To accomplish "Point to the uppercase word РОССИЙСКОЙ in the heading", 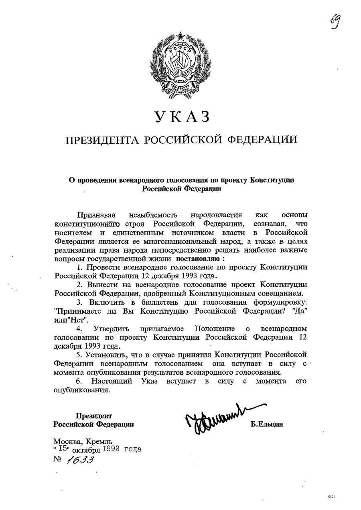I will click(x=183, y=140).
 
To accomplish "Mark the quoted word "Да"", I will click(x=300, y=311).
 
